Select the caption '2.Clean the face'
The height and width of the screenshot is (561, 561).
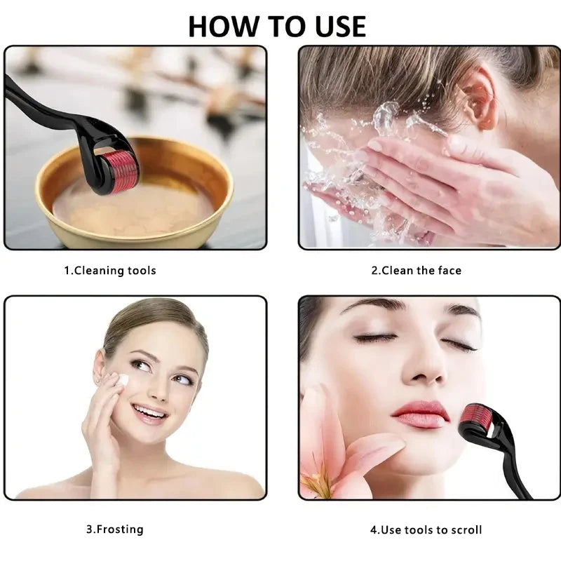pyautogui.click(x=416, y=271)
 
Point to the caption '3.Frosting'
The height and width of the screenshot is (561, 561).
pyautogui.click(x=114, y=529)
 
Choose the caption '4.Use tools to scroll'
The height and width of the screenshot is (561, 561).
pyautogui.click(x=426, y=529)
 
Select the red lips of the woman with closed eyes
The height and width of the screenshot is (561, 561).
pyautogui.click(x=420, y=414)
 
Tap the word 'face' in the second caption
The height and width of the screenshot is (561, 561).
pyautogui.click(x=449, y=271)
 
